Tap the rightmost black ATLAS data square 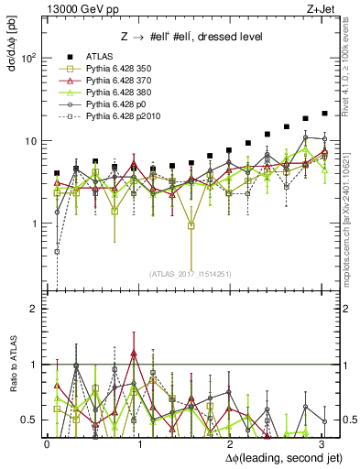point(324,114)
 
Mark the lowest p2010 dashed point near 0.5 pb point(57,251)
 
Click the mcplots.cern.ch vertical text point(352,215)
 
